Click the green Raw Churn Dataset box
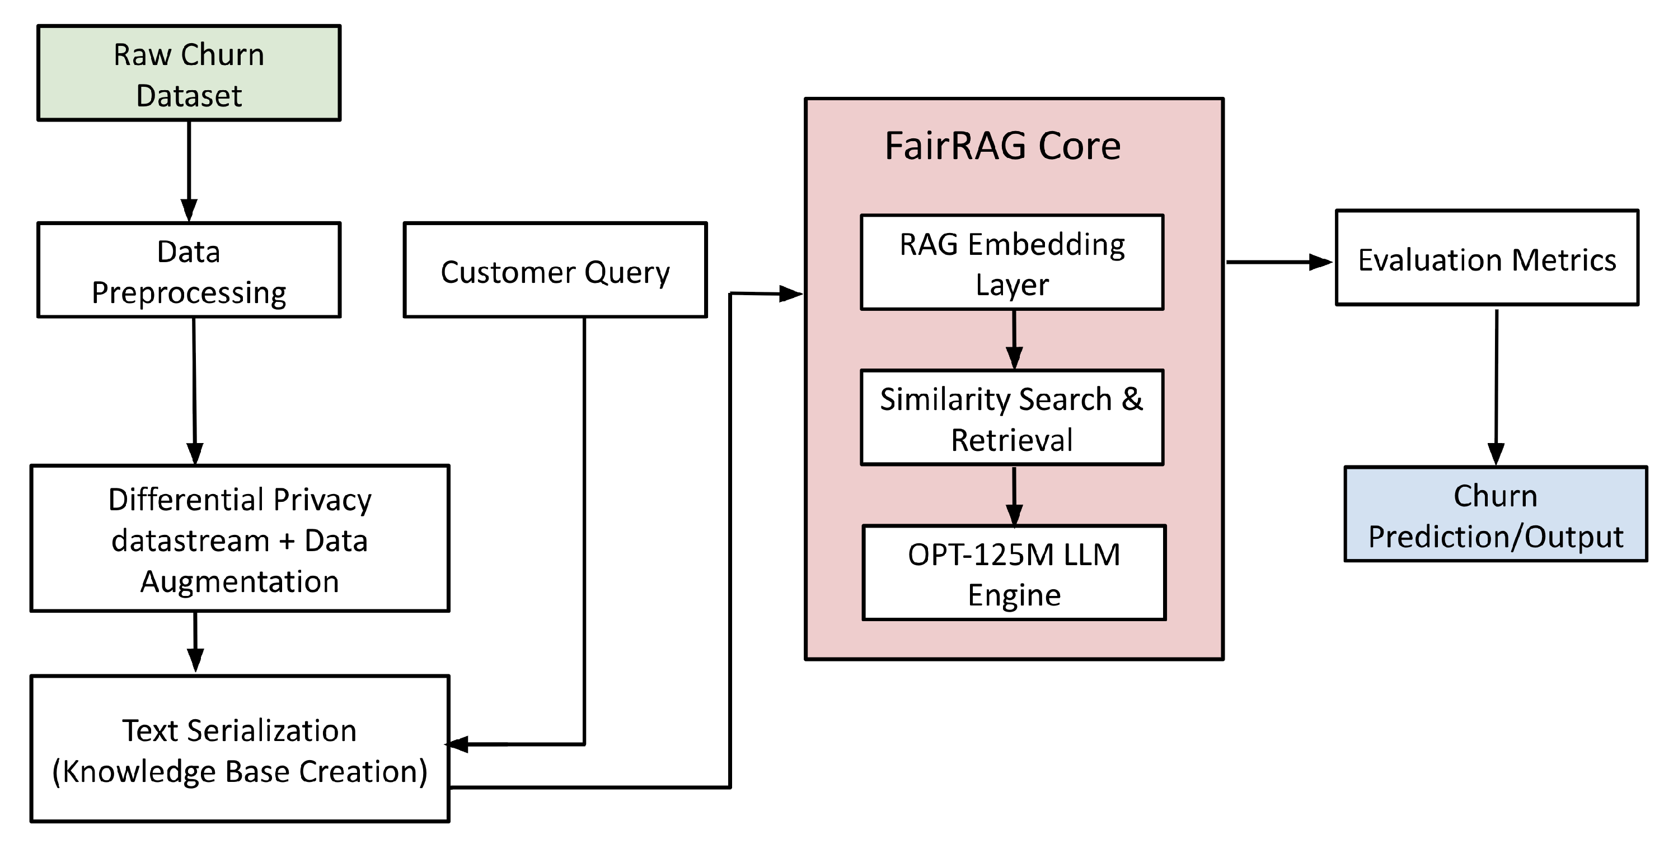pos(189,73)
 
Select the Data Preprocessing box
pos(189,271)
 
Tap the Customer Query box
pos(555,271)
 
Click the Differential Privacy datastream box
pos(240,538)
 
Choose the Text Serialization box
pos(240,749)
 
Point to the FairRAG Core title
pos(1002,146)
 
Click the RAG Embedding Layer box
pos(1011,263)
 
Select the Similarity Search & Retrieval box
pos(1011,418)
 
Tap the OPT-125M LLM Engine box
pos(1014,573)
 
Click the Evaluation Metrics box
pos(1487,258)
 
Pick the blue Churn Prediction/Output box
pos(1496,514)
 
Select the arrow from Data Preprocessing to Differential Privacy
pos(194,391)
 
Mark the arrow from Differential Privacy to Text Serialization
pos(195,642)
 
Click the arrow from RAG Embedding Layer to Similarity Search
pos(1014,339)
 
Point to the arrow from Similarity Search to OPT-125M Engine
pos(1014,495)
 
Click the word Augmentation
pos(240,581)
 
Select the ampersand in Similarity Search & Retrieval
pos(1132,398)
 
